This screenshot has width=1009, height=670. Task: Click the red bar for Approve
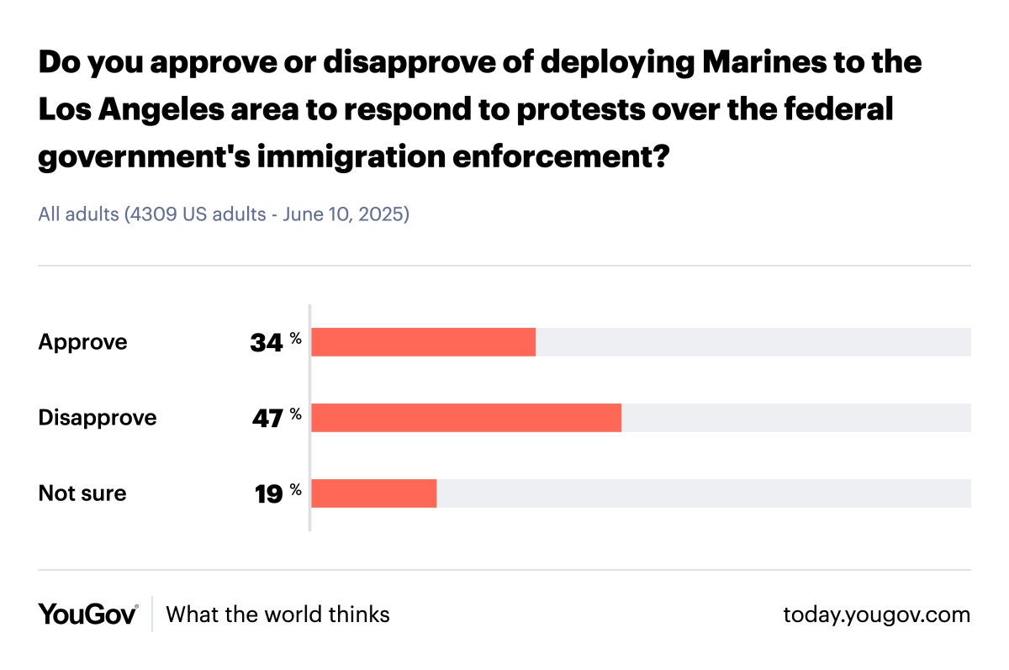(x=423, y=342)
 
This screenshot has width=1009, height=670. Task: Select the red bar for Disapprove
(x=466, y=418)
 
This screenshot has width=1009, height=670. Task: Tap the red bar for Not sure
(x=373, y=493)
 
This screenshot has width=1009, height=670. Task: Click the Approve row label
(x=82, y=342)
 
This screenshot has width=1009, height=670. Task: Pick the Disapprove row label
(x=98, y=418)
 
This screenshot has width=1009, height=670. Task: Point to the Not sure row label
(x=82, y=493)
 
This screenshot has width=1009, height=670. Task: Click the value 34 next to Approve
(x=267, y=343)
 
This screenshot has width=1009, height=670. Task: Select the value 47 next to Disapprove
(x=267, y=419)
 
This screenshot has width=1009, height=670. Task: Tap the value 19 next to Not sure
(x=268, y=494)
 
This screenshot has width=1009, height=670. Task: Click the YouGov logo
(x=87, y=615)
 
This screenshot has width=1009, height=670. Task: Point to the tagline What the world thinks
(x=277, y=615)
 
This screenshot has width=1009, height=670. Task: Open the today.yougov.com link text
(x=876, y=615)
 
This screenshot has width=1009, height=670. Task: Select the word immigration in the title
(x=351, y=156)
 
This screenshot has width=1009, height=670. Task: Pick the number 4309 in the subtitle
(x=151, y=214)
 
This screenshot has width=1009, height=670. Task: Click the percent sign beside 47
(x=295, y=414)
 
